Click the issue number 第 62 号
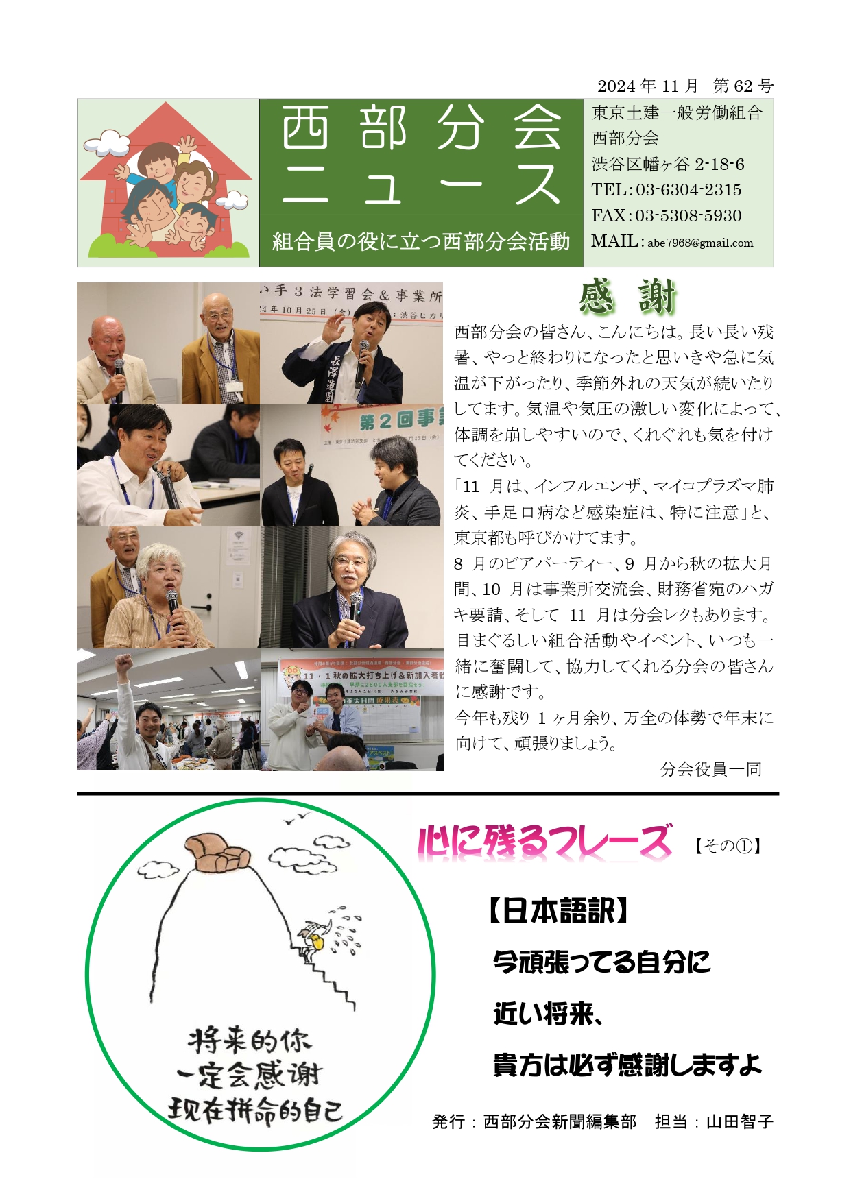(x=743, y=86)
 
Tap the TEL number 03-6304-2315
(x=688, y=190)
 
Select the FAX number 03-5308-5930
(x=688, y=216)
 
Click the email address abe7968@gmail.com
(x=700, y=243)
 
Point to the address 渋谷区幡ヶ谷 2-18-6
(x=668, y=165)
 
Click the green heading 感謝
(x=627, y=297)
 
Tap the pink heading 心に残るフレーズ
(x=544, y=842)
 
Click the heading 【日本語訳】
(x=558, y=912)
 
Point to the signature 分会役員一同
(x=711, y=769)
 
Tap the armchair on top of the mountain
(x=213, y=853)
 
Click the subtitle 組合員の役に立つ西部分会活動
(x=421, y=241)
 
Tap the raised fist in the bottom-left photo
(x=123, y=662)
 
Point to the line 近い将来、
(x=547, y=1013)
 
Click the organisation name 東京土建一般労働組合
(x=677, y=113)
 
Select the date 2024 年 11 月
(x=647, y=86)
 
